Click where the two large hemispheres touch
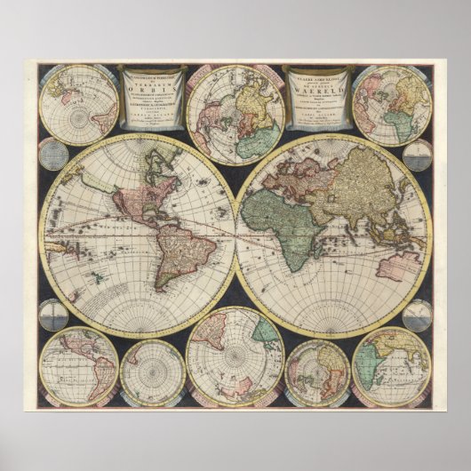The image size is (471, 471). pyautogui.click(x=235, y=235)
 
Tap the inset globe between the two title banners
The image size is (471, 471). pyautogui.click(x=235, y=114)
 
